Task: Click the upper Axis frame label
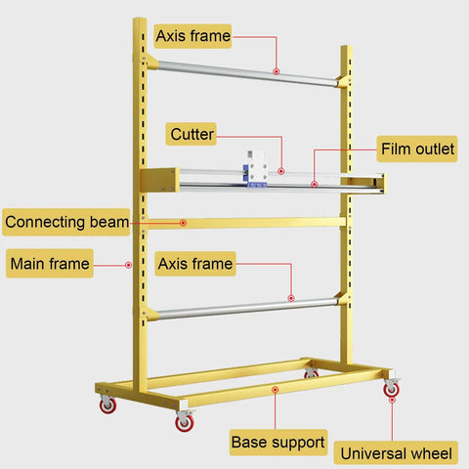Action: (192, 36)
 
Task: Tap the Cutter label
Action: (192, 134)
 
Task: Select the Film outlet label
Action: (417, 149)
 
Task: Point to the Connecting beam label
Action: (66, 222)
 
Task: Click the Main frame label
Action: (50, 264)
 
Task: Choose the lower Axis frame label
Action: (195, 264)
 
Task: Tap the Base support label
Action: (278, 443)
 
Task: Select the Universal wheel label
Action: (396, 453)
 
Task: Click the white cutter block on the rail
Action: (256, 168)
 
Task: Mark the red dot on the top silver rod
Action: (277, 71)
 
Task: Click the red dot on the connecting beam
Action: (183, 223)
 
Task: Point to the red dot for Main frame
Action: (129, 265)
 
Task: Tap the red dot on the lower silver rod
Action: (291, 298)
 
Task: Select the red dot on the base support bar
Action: (276, 390)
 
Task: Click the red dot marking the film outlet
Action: (314, 185)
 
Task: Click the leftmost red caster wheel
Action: (107, 405)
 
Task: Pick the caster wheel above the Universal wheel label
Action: (391, 389)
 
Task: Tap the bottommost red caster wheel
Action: (185, 423)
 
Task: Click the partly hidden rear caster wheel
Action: (311, 374)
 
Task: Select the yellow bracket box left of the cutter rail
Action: (159, 180)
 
